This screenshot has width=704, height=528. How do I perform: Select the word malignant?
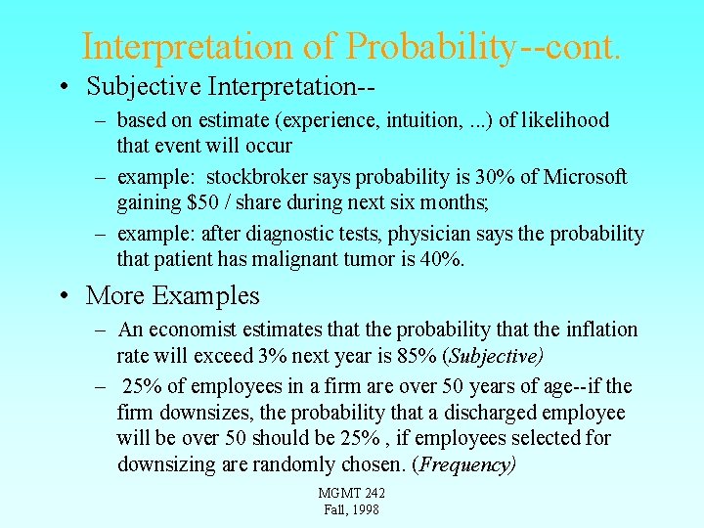coord(350,259)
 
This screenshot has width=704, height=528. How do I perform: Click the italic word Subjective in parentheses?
coord(496,355)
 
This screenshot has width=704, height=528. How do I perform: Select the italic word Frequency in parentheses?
coord(464,464)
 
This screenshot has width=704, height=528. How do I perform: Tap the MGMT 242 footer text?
coord(351,493)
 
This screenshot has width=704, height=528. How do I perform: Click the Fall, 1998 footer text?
coord(351,509)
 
